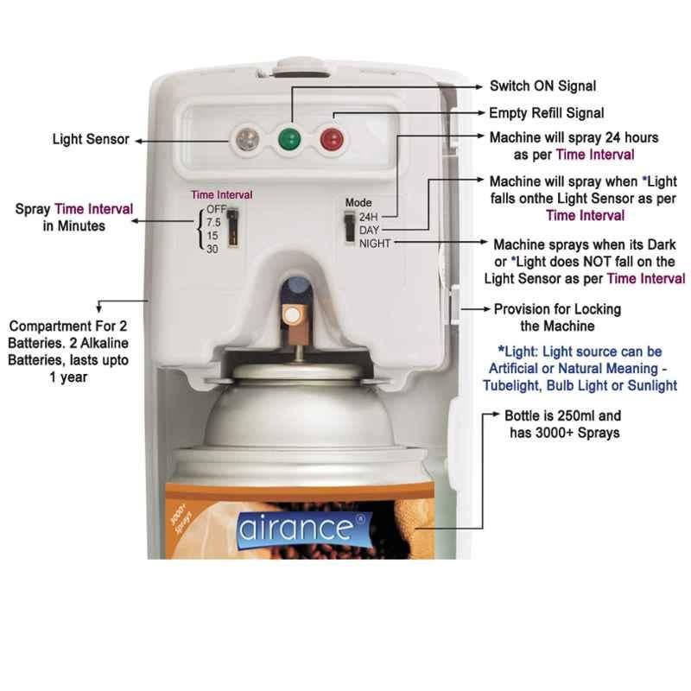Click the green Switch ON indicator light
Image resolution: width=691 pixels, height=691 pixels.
(289, 139)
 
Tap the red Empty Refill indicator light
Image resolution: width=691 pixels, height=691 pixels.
(332, 139)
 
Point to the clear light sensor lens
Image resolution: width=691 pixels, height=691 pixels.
(247, 139)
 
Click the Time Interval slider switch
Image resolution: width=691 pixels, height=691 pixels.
(232, 227)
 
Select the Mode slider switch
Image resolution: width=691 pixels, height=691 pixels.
(350, 226)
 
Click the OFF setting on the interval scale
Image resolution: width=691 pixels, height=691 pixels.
(216, 209)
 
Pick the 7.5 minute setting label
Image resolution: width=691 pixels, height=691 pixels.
(213, 222)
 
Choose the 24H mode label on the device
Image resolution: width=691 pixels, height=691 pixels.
(369, 217)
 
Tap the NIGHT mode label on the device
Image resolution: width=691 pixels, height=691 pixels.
(375, 244)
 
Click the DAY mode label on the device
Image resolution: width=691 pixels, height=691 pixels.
(369, 230)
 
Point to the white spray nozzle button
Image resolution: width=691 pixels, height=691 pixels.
(291, 315)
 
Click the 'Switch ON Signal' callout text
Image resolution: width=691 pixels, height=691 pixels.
(543, 86)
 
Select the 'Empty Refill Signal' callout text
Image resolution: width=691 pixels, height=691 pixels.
(547, 113)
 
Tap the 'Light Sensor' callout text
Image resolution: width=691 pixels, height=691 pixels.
(91, 139)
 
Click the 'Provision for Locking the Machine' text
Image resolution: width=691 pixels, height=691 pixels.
(557, 318)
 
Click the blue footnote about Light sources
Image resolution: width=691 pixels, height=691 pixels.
(580, 369)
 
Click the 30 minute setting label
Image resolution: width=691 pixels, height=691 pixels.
(212, 249)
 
